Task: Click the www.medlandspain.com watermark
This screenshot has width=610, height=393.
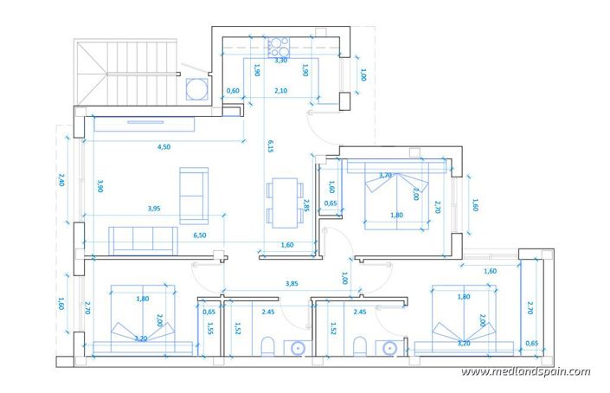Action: pyautogui.click(x=525, y=372)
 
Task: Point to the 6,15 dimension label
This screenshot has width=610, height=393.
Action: pyautogui.click(x=270, y=145)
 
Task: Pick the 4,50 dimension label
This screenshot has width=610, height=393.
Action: pyautogui.click(x=164, y=147)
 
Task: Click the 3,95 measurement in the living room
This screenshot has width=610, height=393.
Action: pyautogui.click(x=154, y=208)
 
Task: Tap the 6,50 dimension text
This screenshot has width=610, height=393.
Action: pyautogui.click(x=199, y=235)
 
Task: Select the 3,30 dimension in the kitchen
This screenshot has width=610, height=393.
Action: pyautogui.click(x=280, y=61)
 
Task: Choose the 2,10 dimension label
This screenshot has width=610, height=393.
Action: pyautogui.click(x=280, y=91)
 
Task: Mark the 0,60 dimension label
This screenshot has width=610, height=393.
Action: pyautogui.click(x=232, y=91)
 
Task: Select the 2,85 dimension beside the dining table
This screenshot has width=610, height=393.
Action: pyautogui.click(x=306, y=205)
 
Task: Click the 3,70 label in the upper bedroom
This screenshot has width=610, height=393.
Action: pyautogui.click(x=386, y=175)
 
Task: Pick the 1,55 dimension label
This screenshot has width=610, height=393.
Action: pyautogui.click(x=209, y=328)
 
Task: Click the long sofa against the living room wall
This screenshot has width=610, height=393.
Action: pyautogui.click(x=144, y=239)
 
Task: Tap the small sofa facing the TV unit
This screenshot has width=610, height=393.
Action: pyautogui.click(x=192, y=193)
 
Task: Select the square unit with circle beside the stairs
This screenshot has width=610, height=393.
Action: pyautogui.click(x=198, y=89)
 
